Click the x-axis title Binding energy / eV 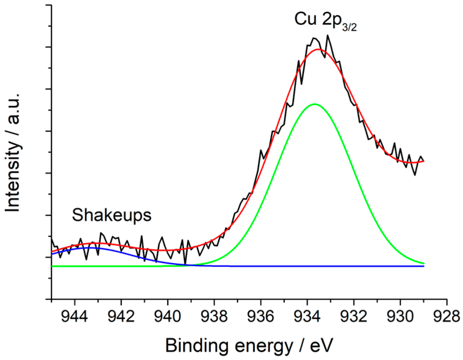(249, 345)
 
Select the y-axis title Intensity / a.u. (13, 152)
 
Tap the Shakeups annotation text (112, 215)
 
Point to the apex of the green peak (314, 104)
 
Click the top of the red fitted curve (318, 49)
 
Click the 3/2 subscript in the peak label (349, 27)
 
